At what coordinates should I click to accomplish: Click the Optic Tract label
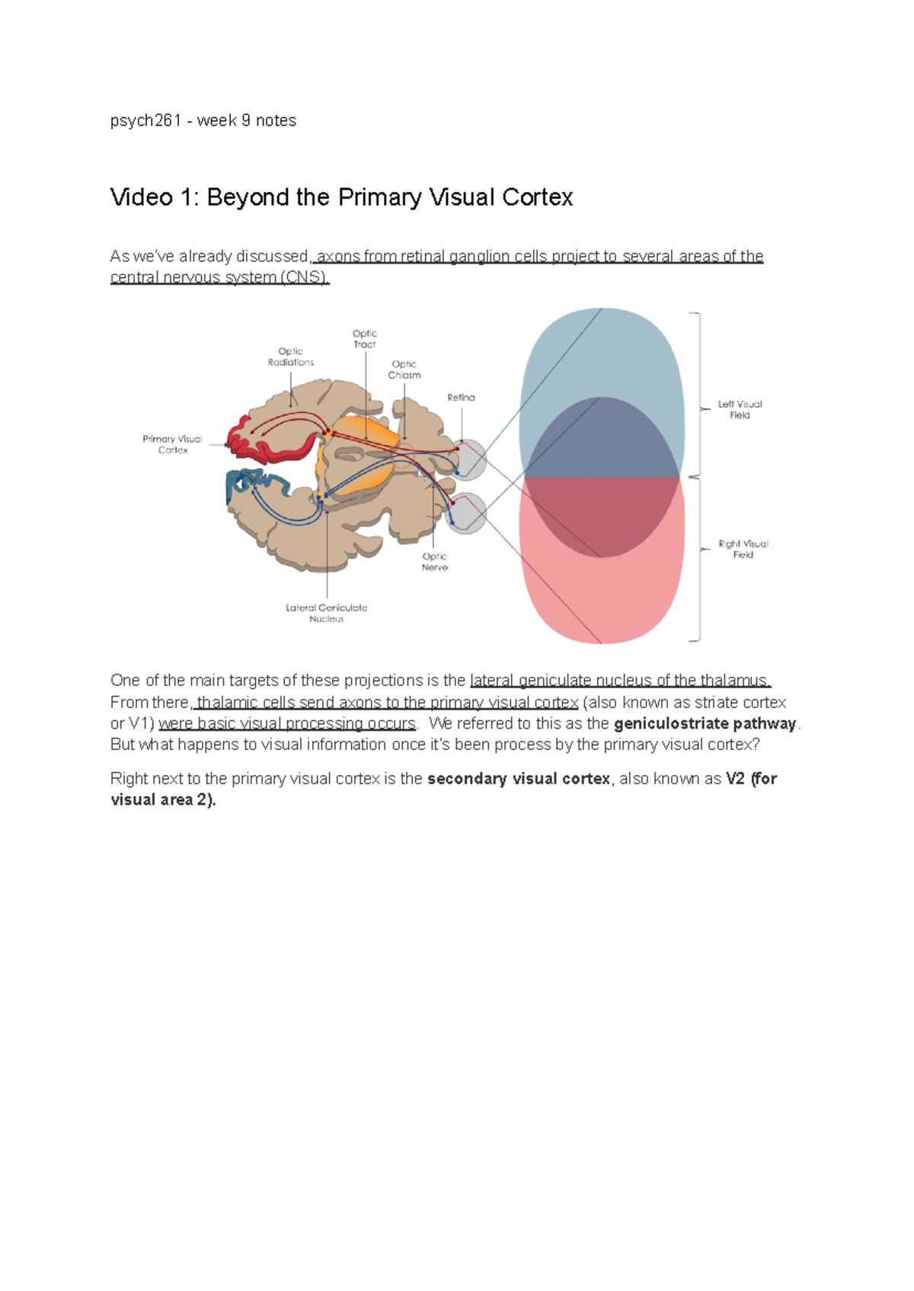pos(364,339)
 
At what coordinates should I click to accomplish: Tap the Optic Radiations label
pos(290,357)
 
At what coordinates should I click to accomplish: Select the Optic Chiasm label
pos(404,370)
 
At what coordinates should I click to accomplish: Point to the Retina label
pos(461,397)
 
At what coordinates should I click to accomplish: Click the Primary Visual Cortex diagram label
pos(172,444)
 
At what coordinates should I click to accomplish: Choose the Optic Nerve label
pos(435,562)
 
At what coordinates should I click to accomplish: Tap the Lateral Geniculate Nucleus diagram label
pos(326,613)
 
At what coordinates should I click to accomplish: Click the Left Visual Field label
pos(740,410)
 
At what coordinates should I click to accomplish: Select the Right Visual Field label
pos(743,549)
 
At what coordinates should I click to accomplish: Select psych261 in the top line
pos(145,120)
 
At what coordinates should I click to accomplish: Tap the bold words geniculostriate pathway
pos(705,723)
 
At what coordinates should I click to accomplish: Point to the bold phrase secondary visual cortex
pos(519,779)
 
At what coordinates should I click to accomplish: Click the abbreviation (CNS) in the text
pos(305,277)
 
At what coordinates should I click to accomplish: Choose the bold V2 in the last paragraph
pos(735,779)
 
